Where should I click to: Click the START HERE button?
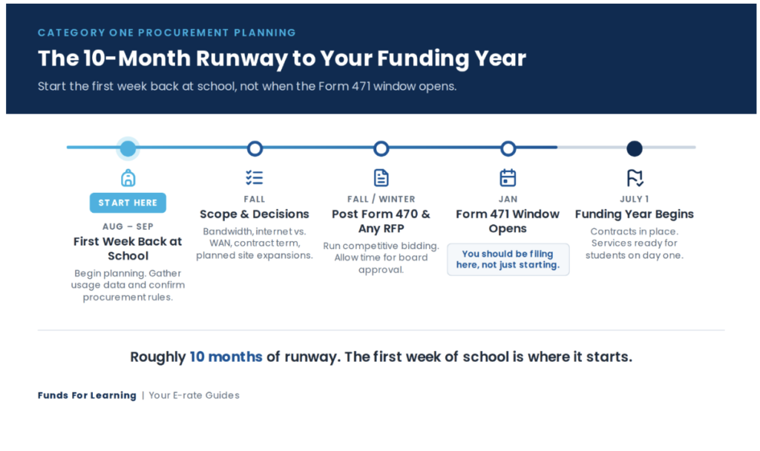tap(128, 203)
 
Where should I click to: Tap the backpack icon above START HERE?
tap(128, 178)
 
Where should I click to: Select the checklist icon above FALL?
tap(255, 178)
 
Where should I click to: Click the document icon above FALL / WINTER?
tap(381, 178)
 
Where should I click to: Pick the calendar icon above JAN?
tap(508, 178)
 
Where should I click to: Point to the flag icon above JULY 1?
tap(635, 178)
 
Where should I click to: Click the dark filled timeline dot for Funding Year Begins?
tap(635, 148)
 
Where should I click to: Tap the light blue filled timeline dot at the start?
tap(128, 148)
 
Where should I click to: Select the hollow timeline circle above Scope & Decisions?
tap(255, 148)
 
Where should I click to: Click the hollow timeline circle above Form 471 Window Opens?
tap(508, 148)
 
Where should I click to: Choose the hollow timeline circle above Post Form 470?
tap(381, 148)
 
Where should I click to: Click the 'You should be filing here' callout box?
tap(508, 260)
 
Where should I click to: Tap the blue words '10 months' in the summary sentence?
tap(226, 357)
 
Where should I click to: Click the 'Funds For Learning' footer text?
tap(88, 395)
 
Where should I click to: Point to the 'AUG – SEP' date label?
tap(128, 226)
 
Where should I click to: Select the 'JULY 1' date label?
tap(635, 199)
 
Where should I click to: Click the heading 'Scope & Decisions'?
tap(255, 214)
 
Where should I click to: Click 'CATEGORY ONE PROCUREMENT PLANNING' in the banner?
tap(167, 33)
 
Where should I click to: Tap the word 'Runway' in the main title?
tap(242, 59)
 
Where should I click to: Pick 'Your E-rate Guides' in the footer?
tap(194, 395)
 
